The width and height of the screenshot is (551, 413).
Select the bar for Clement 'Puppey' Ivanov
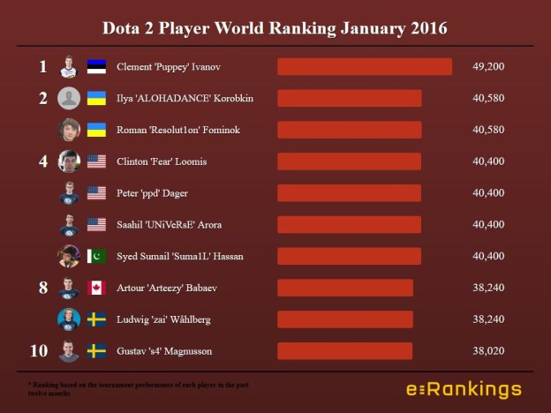(x=365, y=66)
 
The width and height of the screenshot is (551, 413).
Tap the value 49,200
(x=489, y=66)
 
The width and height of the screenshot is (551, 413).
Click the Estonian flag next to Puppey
(x=96, y=66)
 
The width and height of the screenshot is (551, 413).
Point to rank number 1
(x=42, y=66)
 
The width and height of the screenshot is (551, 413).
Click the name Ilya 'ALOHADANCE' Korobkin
(x=185, y=98)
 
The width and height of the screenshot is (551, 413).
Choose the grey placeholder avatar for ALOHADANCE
(x=69, y=98)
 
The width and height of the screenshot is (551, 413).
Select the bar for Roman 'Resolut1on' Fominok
(x=349, y=130)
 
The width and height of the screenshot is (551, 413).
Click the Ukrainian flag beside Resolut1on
(x=96, y=130)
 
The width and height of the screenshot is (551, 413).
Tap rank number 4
(x=42, y=161)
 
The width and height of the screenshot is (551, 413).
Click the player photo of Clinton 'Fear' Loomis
(x=69, y=161)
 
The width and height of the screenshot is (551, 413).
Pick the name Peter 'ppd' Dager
(x=153, y=193)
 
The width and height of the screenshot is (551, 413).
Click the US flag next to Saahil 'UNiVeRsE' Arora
(x=96, y=225)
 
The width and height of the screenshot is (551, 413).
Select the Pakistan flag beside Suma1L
(x=96, y=256)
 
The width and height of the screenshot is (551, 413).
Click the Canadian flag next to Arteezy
(x=96, y=288)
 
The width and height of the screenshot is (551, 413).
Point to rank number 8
(x=42, y=288)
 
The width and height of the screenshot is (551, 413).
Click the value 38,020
(x=489, y=351)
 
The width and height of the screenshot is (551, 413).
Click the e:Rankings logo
(x=464, y=389)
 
